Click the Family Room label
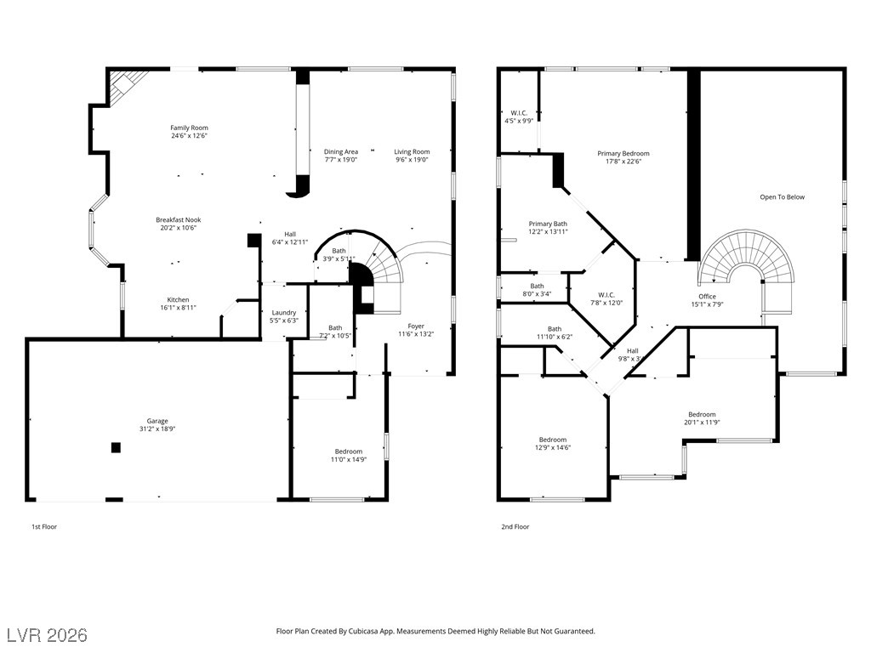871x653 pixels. click(189, 128)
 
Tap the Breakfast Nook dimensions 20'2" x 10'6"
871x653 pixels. click(178, 228)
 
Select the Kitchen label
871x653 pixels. click(178, 299)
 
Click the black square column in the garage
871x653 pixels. click(116, 447)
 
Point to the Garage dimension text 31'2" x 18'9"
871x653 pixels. click(157, 429)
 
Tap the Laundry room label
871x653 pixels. click(283, 312)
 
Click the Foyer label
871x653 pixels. click(416, 326)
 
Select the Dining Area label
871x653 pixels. click(340, 151)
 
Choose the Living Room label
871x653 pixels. click(412, 151)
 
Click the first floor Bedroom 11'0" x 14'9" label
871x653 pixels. click(348, 451)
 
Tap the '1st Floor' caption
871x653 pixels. click(44, 527)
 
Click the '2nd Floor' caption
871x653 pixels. click(515, 527)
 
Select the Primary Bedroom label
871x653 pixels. click(623, 153)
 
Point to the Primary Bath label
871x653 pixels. click(548, 224)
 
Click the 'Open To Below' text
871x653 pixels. click(782, 197)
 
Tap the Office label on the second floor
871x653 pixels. click(707, 296)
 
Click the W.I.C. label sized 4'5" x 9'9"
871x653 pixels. click(519, 112)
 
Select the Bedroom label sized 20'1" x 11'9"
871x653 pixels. click(702, 414)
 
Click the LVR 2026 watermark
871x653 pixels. click(47, 635)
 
